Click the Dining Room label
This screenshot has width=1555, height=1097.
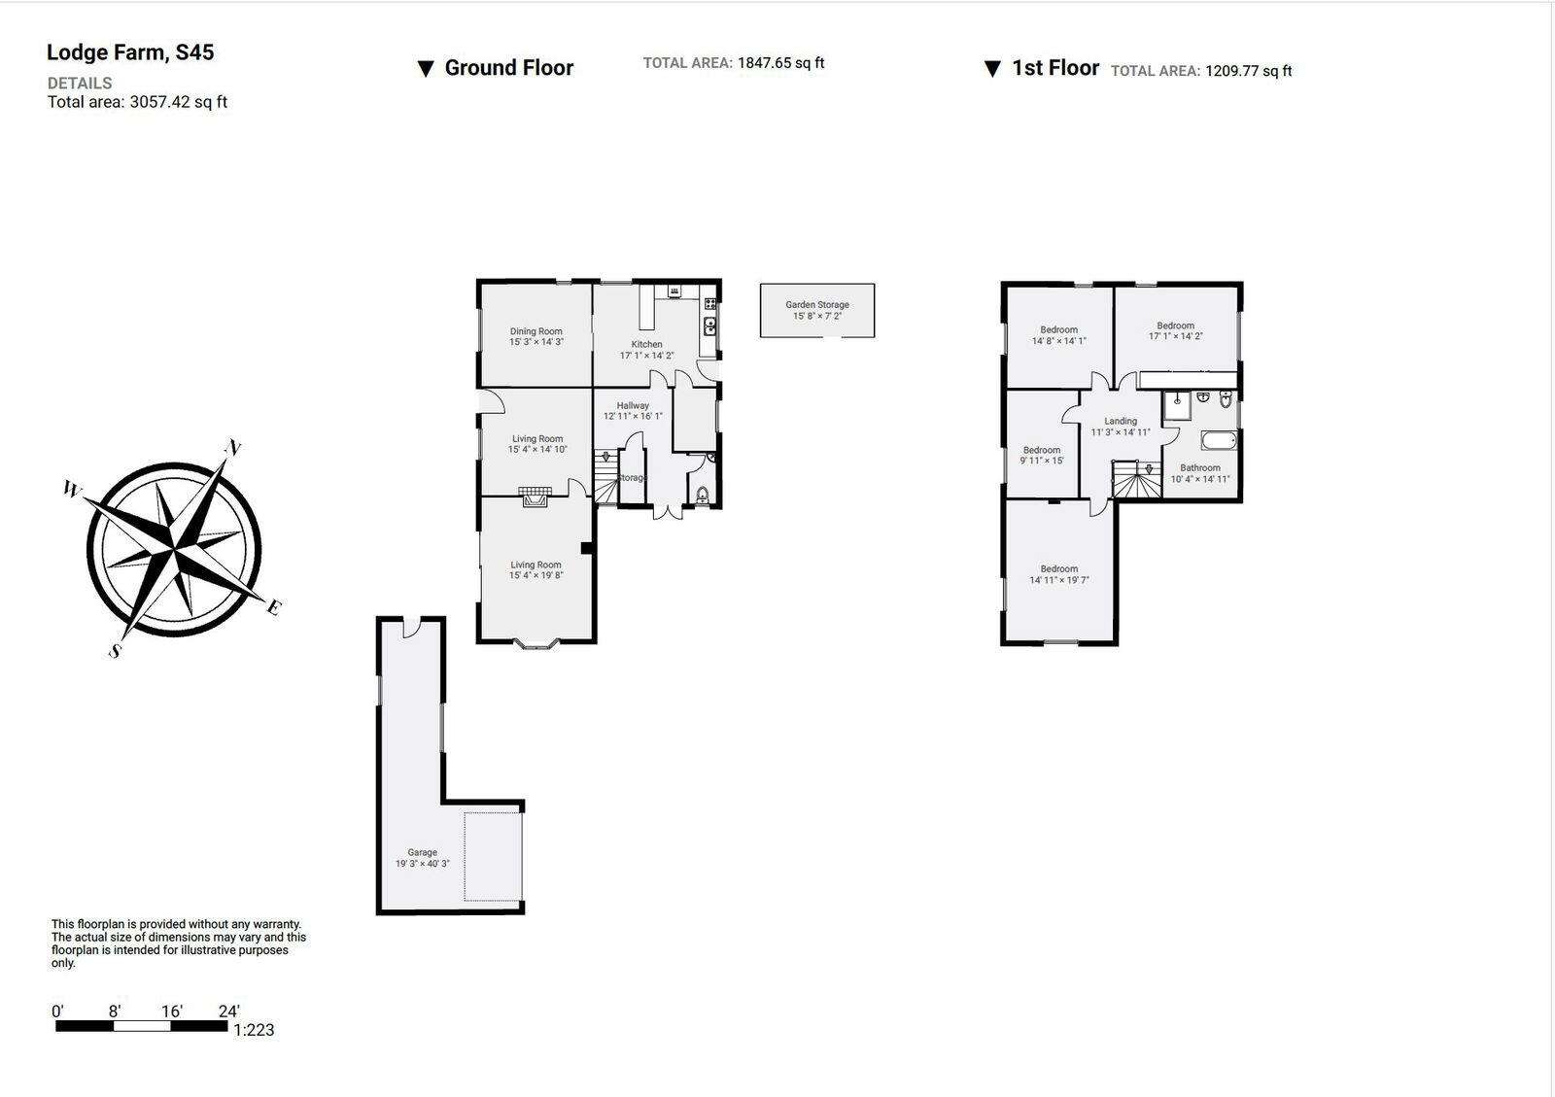click(536, 331)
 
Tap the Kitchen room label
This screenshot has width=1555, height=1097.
click(646, 344)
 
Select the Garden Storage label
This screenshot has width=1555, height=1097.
click(817, 304)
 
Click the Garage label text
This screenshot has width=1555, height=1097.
click(422, 852)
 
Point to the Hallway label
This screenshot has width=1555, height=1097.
click(633, 405)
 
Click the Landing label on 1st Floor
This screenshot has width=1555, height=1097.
click(1121, 421)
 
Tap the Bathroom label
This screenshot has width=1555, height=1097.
click(1200, 467)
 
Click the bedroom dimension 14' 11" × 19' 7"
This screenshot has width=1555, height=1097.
click(1058, 580)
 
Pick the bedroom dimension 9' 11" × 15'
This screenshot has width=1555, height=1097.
click(1041, 461)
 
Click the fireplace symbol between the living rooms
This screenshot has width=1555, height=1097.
click(534, 497)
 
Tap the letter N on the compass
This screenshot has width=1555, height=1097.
click(232, 448)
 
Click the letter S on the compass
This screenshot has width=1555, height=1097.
click(115, 651)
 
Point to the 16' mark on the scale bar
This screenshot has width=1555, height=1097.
click(171, 1011)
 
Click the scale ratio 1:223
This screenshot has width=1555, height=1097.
click(254, 1030)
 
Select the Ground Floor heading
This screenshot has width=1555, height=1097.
click(508, 68)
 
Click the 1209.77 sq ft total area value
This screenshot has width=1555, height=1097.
click(1248, 71)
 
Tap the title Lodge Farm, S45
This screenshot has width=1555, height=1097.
click(130, 52)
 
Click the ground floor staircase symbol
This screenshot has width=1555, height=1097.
click(605, 476)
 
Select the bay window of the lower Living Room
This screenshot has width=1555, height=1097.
click(536, 642)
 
